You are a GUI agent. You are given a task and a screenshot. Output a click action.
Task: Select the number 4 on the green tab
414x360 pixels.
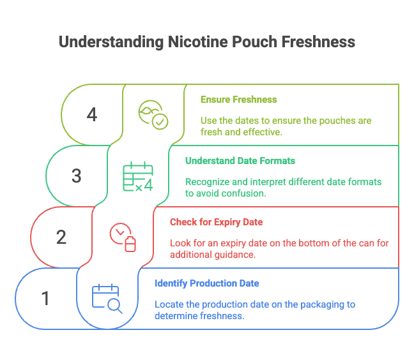point(92,115)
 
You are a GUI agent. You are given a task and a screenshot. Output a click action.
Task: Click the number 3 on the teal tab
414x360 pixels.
point(77,176)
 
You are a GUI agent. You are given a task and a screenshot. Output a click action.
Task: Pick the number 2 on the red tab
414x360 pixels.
point(61,237)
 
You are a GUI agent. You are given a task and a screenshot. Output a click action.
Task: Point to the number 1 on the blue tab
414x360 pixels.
point(45,298)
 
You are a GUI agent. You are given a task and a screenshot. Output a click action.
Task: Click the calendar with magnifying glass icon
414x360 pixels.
point(107,299)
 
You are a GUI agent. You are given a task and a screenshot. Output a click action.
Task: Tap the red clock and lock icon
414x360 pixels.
point(123,237)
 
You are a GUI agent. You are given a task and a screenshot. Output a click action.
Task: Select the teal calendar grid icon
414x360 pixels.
point(138,176)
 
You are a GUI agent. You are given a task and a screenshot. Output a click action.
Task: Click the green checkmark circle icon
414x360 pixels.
point(153,114)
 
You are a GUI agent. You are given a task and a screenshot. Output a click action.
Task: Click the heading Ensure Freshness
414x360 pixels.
point(238,100)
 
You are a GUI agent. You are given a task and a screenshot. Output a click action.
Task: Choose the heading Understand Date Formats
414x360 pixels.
point(240,161)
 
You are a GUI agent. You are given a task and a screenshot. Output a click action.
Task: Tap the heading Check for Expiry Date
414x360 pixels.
point(216,222)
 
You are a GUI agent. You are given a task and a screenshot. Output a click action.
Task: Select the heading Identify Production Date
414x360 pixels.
point(206,283)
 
